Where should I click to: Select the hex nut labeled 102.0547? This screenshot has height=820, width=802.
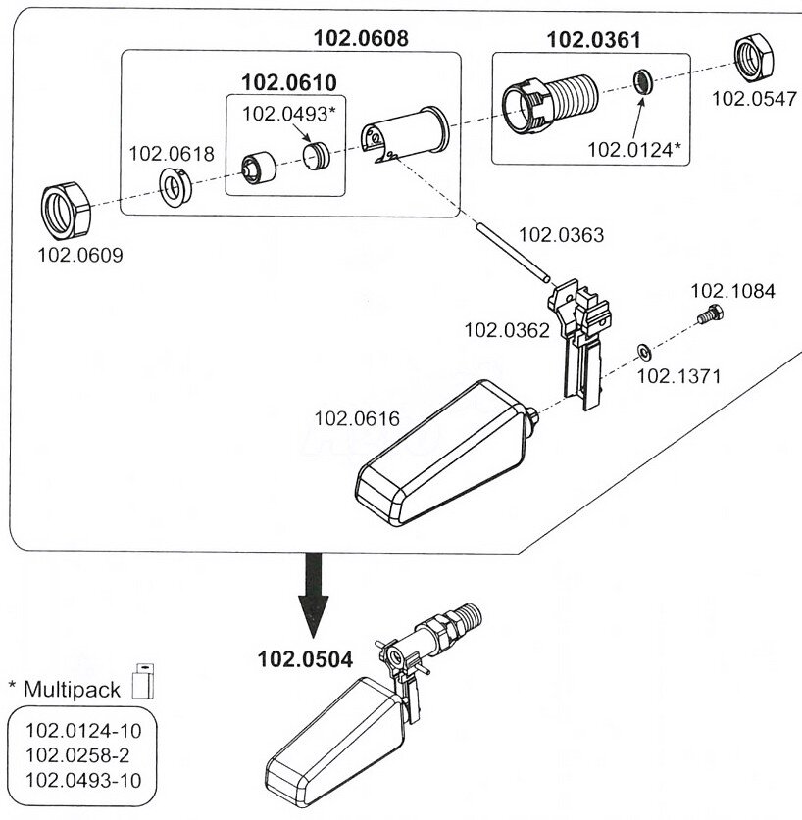tap(755, 61)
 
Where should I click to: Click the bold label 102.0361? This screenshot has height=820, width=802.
tap(593, 40)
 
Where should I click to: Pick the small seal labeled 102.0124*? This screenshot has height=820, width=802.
tap(643, 79)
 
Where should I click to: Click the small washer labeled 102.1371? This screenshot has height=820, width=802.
tap(641, 351)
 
